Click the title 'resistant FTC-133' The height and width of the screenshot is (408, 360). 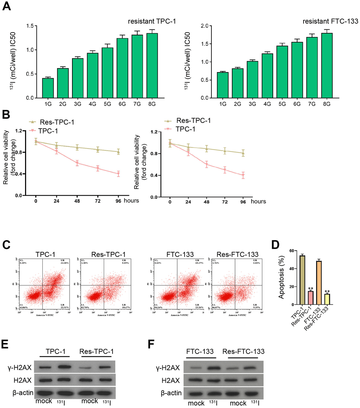tap(330, 22)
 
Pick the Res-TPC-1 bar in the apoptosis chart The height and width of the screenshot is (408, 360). tap(310, 297)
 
